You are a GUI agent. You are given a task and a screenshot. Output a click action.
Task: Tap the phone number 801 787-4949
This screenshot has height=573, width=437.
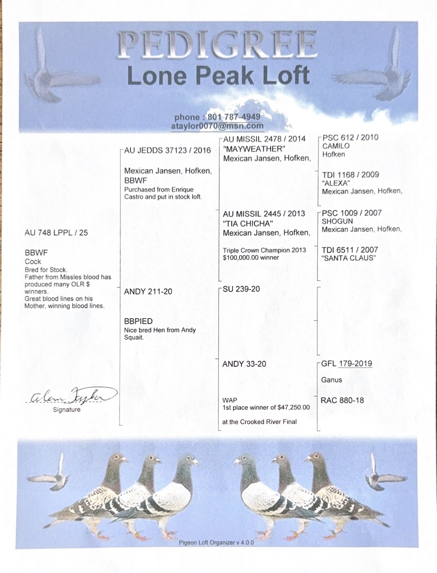coord(234,117)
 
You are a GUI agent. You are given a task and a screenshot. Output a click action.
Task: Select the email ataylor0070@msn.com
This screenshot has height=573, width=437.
coord(217,126)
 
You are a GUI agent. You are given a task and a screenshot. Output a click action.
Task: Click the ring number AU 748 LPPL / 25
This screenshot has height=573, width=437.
coord(56,233)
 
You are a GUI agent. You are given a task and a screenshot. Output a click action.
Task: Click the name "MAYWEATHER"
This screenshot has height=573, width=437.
coord(254,149)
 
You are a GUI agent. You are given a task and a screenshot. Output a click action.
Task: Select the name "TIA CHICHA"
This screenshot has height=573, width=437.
coord(247,223)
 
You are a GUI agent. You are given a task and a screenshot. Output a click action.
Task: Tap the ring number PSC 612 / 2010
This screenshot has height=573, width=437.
coord(350,138)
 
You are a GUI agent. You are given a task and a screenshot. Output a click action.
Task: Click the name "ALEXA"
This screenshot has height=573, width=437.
coord(336,183)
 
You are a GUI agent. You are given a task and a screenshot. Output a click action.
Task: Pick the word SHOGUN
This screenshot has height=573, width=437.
coord(337,221)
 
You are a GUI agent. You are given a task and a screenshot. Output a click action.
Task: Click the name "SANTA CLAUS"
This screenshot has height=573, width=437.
coord(349,258)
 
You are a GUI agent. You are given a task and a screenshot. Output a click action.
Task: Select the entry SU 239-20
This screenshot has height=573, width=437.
coord(241,289)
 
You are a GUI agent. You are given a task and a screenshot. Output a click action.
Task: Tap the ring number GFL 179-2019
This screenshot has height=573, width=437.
coord(347,363)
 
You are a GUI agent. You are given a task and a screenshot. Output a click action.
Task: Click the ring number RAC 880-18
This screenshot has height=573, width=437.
coord(342,401)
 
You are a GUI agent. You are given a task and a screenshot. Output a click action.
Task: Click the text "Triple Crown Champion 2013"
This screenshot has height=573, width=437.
coord(264,250)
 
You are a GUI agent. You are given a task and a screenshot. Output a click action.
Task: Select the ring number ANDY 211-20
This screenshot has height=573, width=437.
coord(148,292)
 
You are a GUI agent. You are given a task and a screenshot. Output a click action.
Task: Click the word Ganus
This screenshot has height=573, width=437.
coord(331,380)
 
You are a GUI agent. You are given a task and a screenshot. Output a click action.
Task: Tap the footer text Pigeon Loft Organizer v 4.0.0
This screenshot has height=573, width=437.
coord(216,543)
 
